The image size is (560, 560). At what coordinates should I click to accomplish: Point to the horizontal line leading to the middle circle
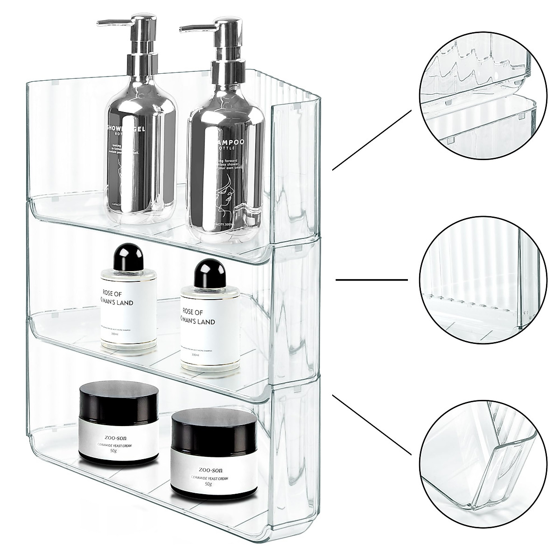click(372, 280)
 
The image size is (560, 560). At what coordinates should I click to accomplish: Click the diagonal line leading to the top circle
click(372, 140)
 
